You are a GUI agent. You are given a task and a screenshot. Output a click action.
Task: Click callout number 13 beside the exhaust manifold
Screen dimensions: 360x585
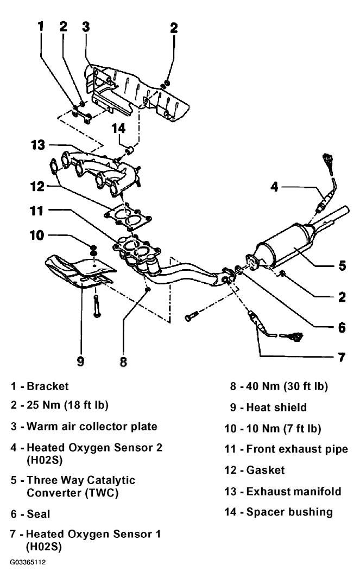pyautogui.click(x=37, y=145)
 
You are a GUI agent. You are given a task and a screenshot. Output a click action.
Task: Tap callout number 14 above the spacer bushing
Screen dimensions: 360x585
pyautogui.click(x=118, y=128)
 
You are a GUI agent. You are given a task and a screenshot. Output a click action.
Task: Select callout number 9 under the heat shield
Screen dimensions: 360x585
pyautogui.click(x=81, y=361)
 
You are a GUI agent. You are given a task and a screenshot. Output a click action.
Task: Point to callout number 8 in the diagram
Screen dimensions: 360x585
pyautogui.click(x=123, y=361)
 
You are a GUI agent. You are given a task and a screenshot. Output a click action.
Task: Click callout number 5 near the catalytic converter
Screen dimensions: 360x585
pyautogui.click(x=342, y=266)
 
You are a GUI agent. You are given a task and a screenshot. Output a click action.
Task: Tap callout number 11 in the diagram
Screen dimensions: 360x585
pyautogui.click(x=36, y=211)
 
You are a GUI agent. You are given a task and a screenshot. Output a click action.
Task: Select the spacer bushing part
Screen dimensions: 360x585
pyautogui.click(x=130, y=150)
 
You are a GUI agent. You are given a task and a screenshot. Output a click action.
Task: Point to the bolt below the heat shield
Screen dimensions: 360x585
pyautogui.click(x=97, y=306)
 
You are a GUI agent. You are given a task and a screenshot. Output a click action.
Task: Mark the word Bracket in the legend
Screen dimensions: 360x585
pyautogui.click(x=48, y=386)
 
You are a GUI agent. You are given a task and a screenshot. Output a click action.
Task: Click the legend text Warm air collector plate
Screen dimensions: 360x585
pyautogui.click(x=92, y=427)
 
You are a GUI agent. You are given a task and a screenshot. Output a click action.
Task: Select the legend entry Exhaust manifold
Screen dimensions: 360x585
pyautogui.click(x=294, y=491)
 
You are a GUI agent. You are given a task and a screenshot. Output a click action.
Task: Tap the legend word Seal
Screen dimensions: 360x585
pyautogui.click(x=39, y=514)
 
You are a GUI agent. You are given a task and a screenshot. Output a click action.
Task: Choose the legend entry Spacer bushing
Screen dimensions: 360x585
pyautogui.click(x=289, y=512)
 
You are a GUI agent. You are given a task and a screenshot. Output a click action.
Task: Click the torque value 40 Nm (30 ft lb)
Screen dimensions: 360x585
pyautogui.click(x=287, y=386)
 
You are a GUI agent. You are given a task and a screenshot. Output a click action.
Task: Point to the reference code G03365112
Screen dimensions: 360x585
pyautogui.click(x=28, y=562)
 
